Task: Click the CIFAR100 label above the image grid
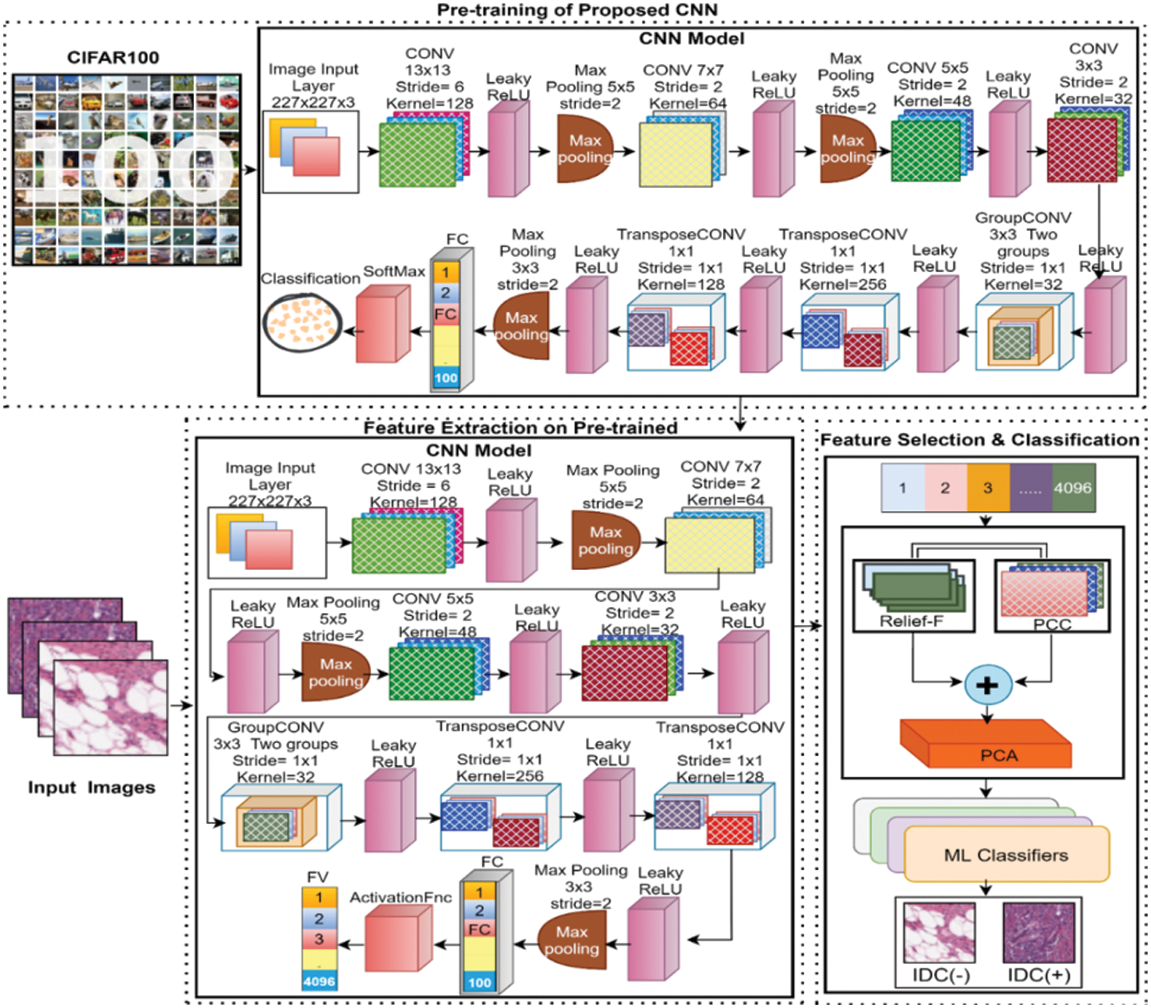tap(113, 58)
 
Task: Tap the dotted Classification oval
tap(302, 322)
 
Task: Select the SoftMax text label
tap(394, 272)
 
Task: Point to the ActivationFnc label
tap(401, 898)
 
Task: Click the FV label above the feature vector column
tap(317, 877)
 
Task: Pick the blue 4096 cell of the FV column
tap(319, 981)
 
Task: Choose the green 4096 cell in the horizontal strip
tap(1073, 488)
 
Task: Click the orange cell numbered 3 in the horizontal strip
tap(987, 488)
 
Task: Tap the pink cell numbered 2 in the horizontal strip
tap(945, 488)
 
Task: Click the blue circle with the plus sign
tap(987, 684)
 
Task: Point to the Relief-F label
tap(912, 621)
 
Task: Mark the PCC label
tap(1052, 624)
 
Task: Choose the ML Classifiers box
tap(1006, 855)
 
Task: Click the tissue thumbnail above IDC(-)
tap(939, 932)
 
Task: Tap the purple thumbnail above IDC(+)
tap(1039, 932)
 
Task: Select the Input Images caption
tap(91, 788)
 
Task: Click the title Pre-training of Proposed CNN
tap(577, 10)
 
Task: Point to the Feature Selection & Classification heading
tap(979, 440)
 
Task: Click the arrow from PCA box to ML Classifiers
tap(986, 788)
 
